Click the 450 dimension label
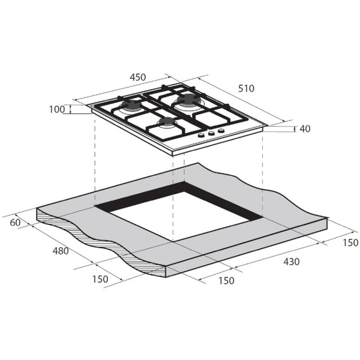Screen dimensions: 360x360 tap(138, 77)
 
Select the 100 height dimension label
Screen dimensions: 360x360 tap(57, 109)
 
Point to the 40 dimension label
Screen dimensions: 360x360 tap(305, 128)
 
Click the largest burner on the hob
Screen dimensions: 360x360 tap(189, 99)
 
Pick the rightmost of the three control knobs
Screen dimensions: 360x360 tap(221, 131)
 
